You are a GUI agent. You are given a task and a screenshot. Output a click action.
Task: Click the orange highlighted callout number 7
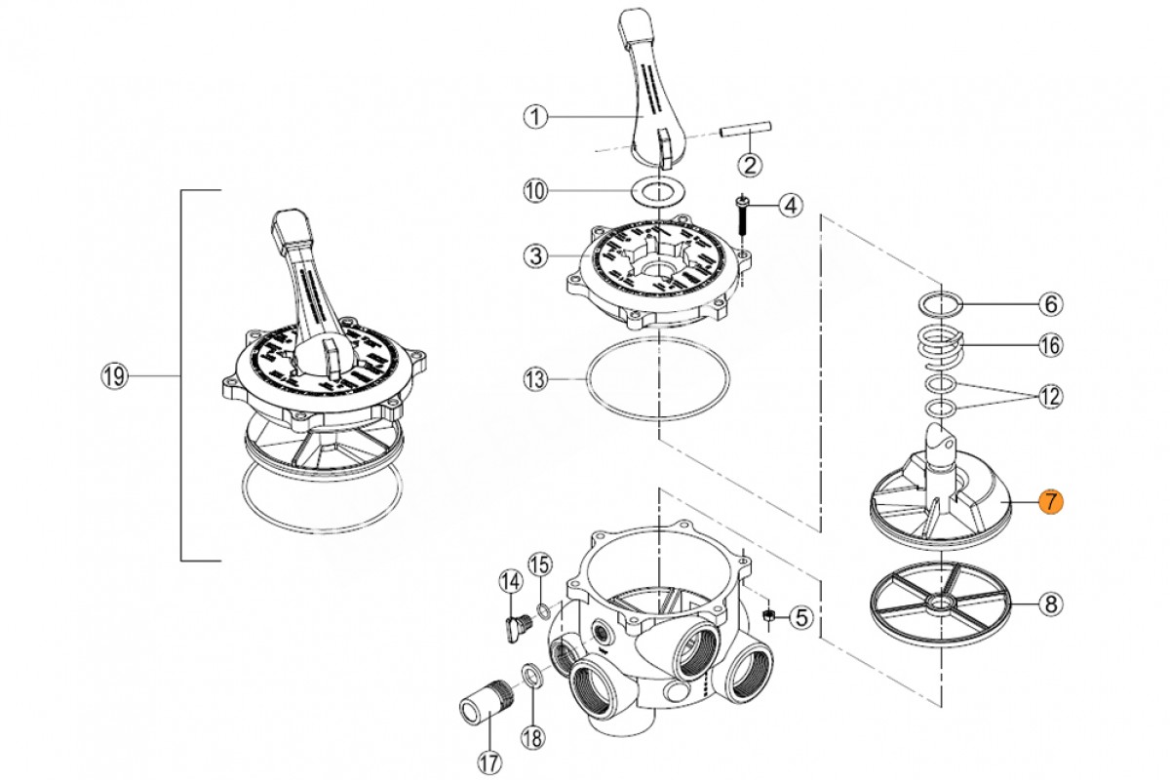(1050, 502)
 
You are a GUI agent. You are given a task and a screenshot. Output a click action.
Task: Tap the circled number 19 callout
(115, 376)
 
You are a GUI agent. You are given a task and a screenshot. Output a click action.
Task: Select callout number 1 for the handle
(534, 117)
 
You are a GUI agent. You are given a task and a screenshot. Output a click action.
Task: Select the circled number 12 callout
(1050, 397)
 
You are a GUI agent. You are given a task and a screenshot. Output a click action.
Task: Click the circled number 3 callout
(534, 257)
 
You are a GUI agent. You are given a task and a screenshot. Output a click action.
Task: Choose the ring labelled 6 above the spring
(942, 303)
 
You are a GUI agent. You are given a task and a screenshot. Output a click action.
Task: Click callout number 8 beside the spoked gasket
(1050, 605)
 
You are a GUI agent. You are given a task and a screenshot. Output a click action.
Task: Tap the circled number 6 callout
(1050, 304)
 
